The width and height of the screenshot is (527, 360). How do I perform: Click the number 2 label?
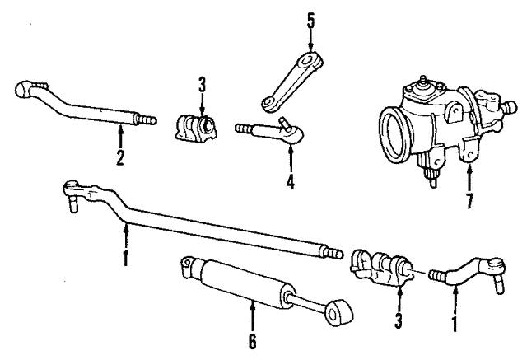tap(120, 158)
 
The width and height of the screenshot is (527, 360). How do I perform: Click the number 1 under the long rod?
tap(125, 257)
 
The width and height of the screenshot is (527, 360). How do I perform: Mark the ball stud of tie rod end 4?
tap(283, 125)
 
